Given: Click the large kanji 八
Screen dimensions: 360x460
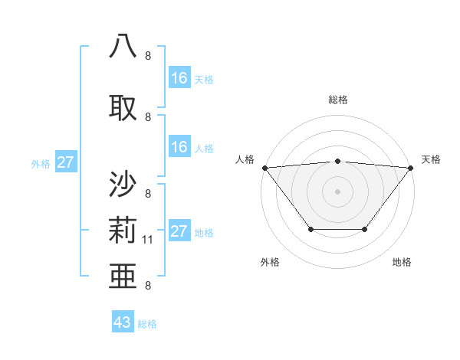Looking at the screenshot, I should [x=123, y=46].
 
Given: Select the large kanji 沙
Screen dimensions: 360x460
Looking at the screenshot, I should [x=123, y=185].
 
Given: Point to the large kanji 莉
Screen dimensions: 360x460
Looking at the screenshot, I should [x=123, y=229].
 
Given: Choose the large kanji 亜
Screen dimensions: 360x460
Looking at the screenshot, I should [x=123, y=273].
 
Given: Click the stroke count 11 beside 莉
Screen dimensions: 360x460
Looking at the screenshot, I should [x=148, y=240].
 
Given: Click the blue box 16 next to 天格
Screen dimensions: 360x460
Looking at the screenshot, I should [x=179, y=77].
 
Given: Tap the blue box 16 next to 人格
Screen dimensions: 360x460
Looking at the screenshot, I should [x=179, y=148].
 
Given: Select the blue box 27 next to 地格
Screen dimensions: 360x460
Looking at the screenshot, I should [x=179, y=232].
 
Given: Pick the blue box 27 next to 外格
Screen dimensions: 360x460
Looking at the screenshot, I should [x=65, y=162].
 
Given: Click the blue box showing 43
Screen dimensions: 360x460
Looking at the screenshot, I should [x=122, y=322].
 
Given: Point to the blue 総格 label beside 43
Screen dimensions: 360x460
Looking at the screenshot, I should [x=147, y=324].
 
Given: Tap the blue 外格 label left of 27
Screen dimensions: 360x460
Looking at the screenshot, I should [x=41, y=163].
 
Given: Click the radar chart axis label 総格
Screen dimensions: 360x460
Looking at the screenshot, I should [x=338, y=100].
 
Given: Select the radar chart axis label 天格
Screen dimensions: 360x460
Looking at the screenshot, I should [x=432, y=159].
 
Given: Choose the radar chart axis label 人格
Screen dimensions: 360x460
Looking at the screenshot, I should [x=245, y=159].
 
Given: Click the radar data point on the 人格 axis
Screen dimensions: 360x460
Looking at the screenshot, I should [x=264, y=167].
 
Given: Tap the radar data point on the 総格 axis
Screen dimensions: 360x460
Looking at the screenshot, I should [x=338, y=161].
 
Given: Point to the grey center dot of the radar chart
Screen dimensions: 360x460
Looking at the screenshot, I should [x=338, y=191].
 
